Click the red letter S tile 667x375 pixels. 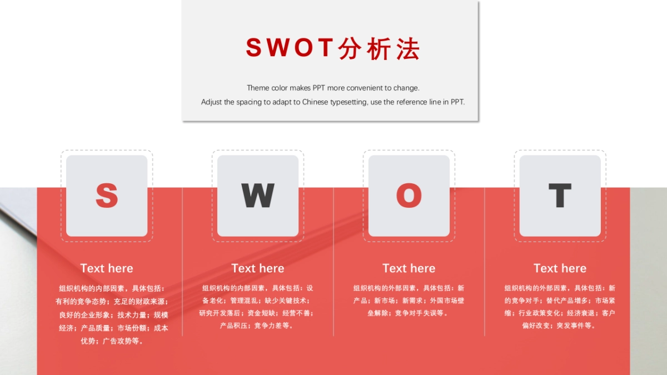click(x=107, y=196)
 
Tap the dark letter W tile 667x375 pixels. click(x=258, y=196)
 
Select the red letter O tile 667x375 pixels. click(x=409, y=196)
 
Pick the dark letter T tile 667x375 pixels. click(x=560, y=196)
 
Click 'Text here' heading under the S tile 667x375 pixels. click(x=107, y=268)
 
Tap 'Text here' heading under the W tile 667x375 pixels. click(x=258, y=268)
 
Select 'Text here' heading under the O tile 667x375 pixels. click(x=409, y=268)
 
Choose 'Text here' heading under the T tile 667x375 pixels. click(x=560, y=268)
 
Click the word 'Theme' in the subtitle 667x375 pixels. click(x=258, y=88)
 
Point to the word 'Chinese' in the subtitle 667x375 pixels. click(x=315, y=102)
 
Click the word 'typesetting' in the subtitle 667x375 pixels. click(x=349, y=102)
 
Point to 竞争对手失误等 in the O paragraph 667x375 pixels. click(x=419, y=313)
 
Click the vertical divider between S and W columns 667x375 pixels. click(x=182, y=261)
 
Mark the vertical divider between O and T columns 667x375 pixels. click(x=485, y=261)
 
